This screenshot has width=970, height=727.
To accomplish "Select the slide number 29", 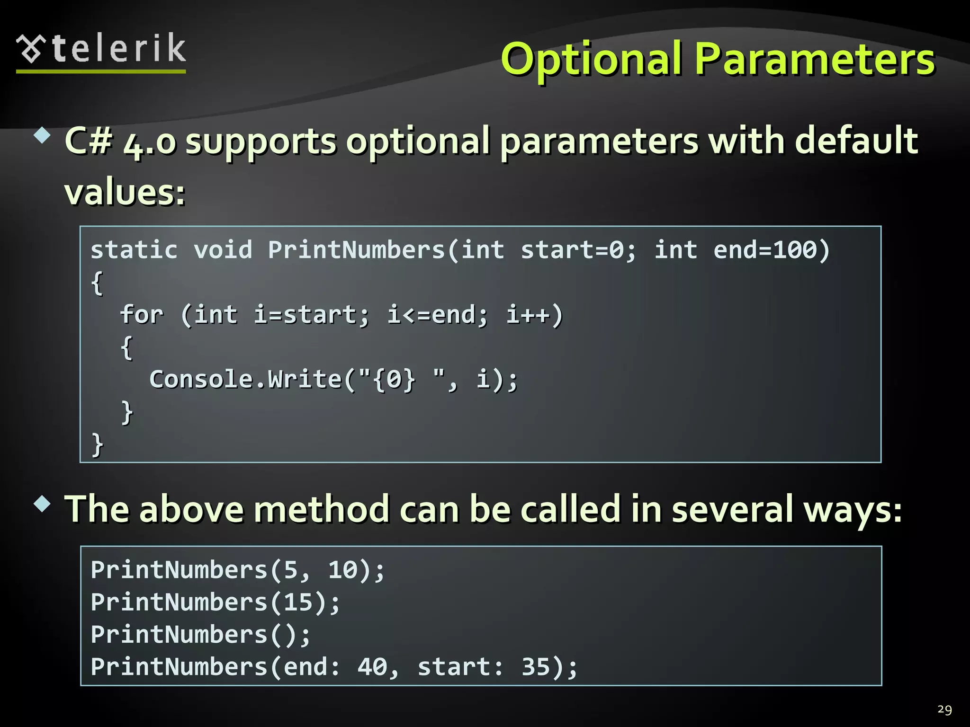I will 944,709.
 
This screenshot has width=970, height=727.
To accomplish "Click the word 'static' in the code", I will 134,250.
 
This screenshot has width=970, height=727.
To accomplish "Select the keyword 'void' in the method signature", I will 223,250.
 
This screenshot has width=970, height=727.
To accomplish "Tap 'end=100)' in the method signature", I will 772,250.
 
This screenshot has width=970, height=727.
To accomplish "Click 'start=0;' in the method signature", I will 578,250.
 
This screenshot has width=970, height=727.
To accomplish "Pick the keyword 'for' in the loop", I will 142,315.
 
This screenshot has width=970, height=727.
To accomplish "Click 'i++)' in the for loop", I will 534,315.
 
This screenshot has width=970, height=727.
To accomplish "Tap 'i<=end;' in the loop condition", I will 437,315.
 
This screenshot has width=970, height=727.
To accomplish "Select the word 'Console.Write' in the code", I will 245,379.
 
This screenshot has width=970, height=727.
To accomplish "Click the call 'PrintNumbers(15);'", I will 216,603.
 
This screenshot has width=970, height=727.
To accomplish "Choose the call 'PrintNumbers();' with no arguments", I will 200,635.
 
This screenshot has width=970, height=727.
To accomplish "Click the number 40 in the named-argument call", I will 372,667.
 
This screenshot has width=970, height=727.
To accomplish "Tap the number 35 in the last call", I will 536,667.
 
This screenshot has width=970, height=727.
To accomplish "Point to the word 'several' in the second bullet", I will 732,509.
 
